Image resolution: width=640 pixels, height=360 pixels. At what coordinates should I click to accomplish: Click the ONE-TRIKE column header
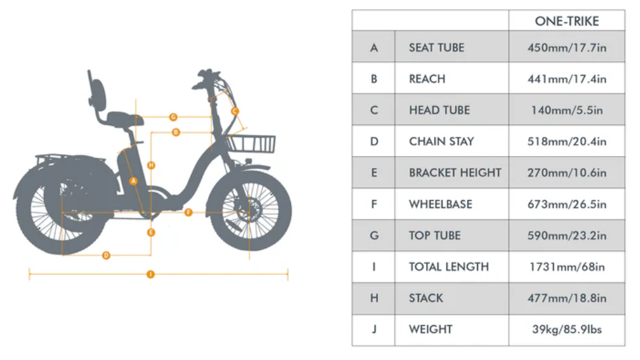pos(566,21)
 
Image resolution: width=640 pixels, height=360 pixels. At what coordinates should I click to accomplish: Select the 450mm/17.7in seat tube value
pos(566,47)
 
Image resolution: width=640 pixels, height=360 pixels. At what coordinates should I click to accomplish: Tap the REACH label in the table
pos(427,79)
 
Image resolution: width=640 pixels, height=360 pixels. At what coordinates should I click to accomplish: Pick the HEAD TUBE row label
pos(439,110)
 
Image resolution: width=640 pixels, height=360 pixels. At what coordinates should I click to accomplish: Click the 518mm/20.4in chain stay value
pos(566,141)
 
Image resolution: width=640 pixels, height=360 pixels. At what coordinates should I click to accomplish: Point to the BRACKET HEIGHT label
pos(454,173)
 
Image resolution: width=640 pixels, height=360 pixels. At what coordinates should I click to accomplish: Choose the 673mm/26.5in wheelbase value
pos(566,204)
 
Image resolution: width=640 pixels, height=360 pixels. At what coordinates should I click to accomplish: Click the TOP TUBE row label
pos(435,236)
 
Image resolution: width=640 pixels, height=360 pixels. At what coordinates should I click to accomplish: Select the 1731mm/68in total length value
pos(566,267)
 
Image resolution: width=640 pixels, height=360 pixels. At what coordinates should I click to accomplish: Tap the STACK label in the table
pos(425,298)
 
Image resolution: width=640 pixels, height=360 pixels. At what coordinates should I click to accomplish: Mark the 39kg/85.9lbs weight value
pos(566,329)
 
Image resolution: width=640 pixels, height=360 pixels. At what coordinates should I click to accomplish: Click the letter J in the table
pos(374,329)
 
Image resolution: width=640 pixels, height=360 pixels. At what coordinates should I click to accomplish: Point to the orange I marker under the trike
pos(151,274)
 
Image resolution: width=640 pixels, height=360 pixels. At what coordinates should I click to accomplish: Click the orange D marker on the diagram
pos(106,255)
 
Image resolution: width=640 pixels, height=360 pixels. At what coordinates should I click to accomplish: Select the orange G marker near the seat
pos(173,116)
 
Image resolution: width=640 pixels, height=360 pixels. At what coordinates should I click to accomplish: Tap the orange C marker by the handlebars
pos(235,112)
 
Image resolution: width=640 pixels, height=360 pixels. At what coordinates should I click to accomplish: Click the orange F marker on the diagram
pos(188,213)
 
